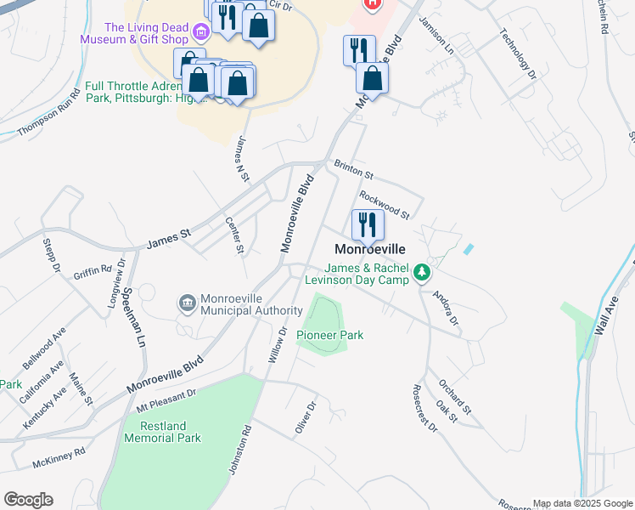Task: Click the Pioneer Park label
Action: pyautogui.click(x=330, y=335)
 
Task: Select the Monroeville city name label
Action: pyautogui.click(x=369, y=250)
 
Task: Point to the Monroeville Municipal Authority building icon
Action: pyautogui.click(x=186, y=303)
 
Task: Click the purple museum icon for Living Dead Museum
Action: pyautogui.click(x=201, y=33)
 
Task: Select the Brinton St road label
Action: pyautogui.click(x=353, y=168)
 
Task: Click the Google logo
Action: pyautogui.click(x=28, y=500)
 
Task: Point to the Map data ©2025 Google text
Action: pyautogui.click(x=582, y=503)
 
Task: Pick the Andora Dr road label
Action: pyautogui.click(x=446, y=309)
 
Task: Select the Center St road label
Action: pyautogui.click(x=234, y=235)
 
